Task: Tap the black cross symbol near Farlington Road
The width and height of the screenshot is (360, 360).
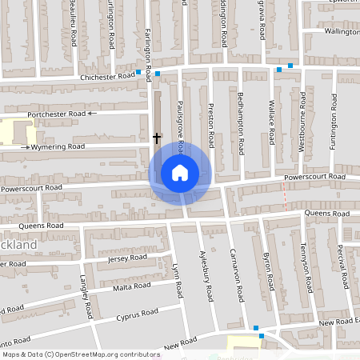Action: click(x=157, y=138)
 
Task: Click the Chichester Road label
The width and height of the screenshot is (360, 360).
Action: click(x=108, y=76)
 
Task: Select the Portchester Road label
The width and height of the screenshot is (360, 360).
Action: click(x=56, y=114)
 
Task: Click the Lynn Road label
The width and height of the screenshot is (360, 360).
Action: click(x=178, y=280)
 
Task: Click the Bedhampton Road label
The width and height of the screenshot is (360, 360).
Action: click(x=241, y=123)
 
